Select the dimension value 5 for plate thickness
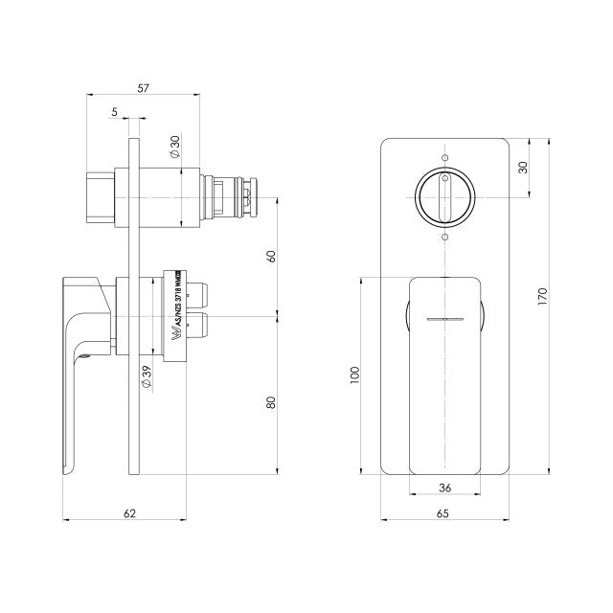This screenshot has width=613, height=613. [114, 112]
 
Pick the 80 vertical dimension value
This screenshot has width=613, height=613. [271, 403]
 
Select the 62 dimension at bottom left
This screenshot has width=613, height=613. [130, 512]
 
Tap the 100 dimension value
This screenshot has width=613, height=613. [355, 375]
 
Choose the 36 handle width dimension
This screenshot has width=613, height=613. [443, 487]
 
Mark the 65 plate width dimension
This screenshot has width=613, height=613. [443, 512]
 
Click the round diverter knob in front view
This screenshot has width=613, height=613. [444, 196]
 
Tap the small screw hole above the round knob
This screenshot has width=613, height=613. [444, 157]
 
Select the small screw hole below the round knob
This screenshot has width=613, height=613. [444, 237]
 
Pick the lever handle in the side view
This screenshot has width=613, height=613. [81, 364]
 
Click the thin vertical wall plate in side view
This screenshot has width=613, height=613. [136, 306]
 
